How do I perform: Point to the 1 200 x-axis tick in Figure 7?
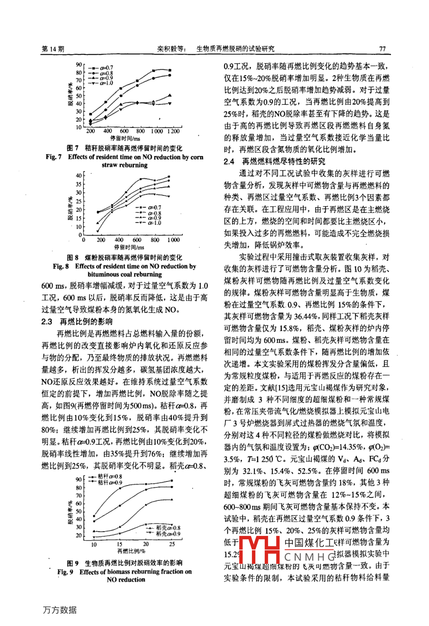pyautogui.click(x=173, y=131)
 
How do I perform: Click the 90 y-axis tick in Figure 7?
pyautogui.click(x=78, y=64)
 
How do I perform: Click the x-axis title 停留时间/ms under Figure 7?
pyautogui.click(x=126, y=138)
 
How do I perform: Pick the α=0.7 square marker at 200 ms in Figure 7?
pyautogui.click(x=91, y=114)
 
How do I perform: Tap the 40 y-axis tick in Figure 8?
pyautogui.click(x=78, y=175)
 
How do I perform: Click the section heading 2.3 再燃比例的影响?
pyautogui.click(x=77, y=322)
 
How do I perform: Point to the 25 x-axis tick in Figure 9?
pyautogui.click(x=172, y=544)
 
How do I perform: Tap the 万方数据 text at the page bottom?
pyautogui.click(x=59, y=610)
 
